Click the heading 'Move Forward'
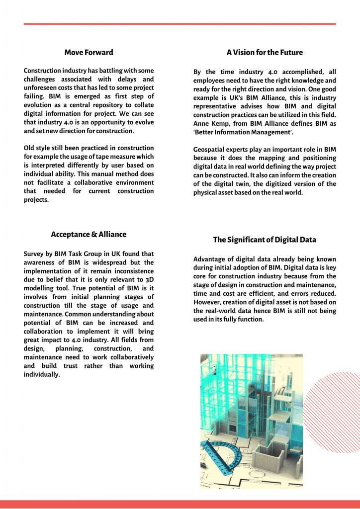pyautogui.click(x=89, y=52)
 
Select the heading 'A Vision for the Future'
pyautogui.click(x=265, y=52)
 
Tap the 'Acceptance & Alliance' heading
pyautogui.click(x=89, y=234)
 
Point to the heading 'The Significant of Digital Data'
pyautogui.click(x=265, y=240)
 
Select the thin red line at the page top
pyautogui.click(x=180, y=23)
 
